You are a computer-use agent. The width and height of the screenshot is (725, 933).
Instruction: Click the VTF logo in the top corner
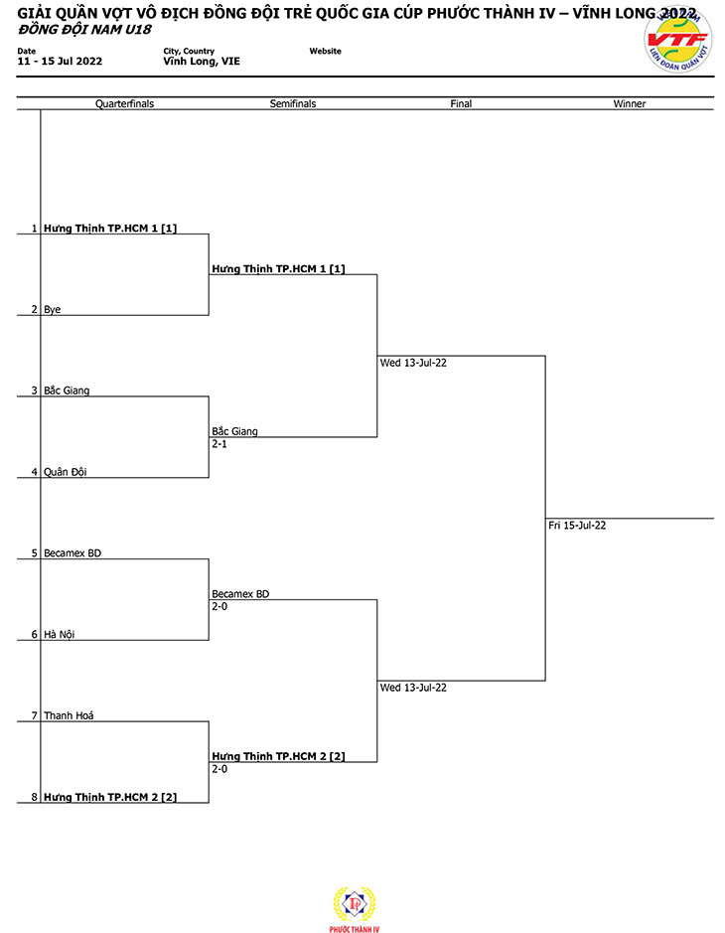pos(678,41)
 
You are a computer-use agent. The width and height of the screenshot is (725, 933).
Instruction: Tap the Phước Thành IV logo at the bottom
pos(355,908)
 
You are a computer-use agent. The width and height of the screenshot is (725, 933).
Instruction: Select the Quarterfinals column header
pos(124,103)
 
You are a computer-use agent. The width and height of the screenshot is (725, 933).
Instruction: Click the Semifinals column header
pos(293,103)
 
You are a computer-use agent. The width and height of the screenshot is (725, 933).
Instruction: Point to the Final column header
pos(461,103)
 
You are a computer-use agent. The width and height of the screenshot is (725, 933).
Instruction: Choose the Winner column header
pos(630,103)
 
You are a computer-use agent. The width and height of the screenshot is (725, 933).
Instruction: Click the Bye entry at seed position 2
pos(53,309)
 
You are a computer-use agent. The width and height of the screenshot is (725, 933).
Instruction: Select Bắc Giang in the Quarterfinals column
pos(67,390)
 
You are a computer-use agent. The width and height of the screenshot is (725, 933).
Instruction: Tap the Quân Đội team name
pos(66,472)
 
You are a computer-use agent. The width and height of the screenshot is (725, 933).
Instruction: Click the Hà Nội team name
pos(59,634)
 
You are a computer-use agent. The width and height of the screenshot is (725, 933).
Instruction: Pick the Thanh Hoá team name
pos(69,715)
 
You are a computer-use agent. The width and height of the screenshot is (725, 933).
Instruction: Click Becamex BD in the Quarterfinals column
pos(72,552)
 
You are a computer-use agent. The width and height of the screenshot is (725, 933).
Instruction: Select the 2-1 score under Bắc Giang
pos(219,444)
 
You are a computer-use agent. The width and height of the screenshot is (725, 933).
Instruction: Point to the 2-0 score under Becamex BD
pos(219,606)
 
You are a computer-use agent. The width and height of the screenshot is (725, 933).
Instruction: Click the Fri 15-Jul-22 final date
pos(577,526)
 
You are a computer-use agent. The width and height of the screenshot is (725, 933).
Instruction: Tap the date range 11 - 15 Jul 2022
pos(60,61)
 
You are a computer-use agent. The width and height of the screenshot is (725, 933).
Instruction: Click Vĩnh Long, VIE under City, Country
pos(202,61)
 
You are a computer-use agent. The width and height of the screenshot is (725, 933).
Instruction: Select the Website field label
pos(326,52)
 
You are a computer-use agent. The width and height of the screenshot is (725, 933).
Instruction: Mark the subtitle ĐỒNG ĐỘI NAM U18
pos(84,29)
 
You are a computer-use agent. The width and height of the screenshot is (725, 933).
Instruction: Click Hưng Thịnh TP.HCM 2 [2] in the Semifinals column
pos(278,756)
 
